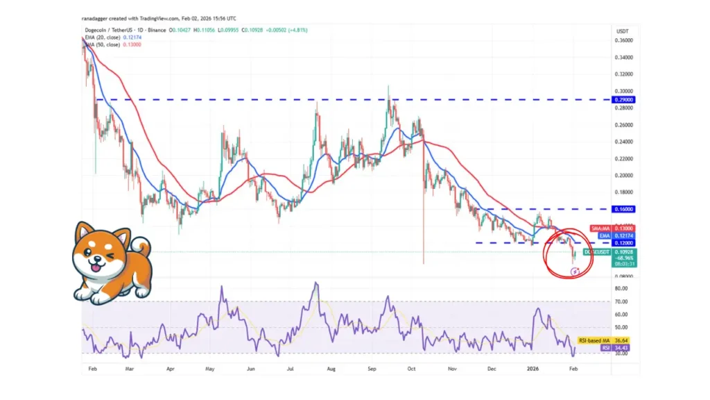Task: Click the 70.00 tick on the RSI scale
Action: click(x=621, y=301)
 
